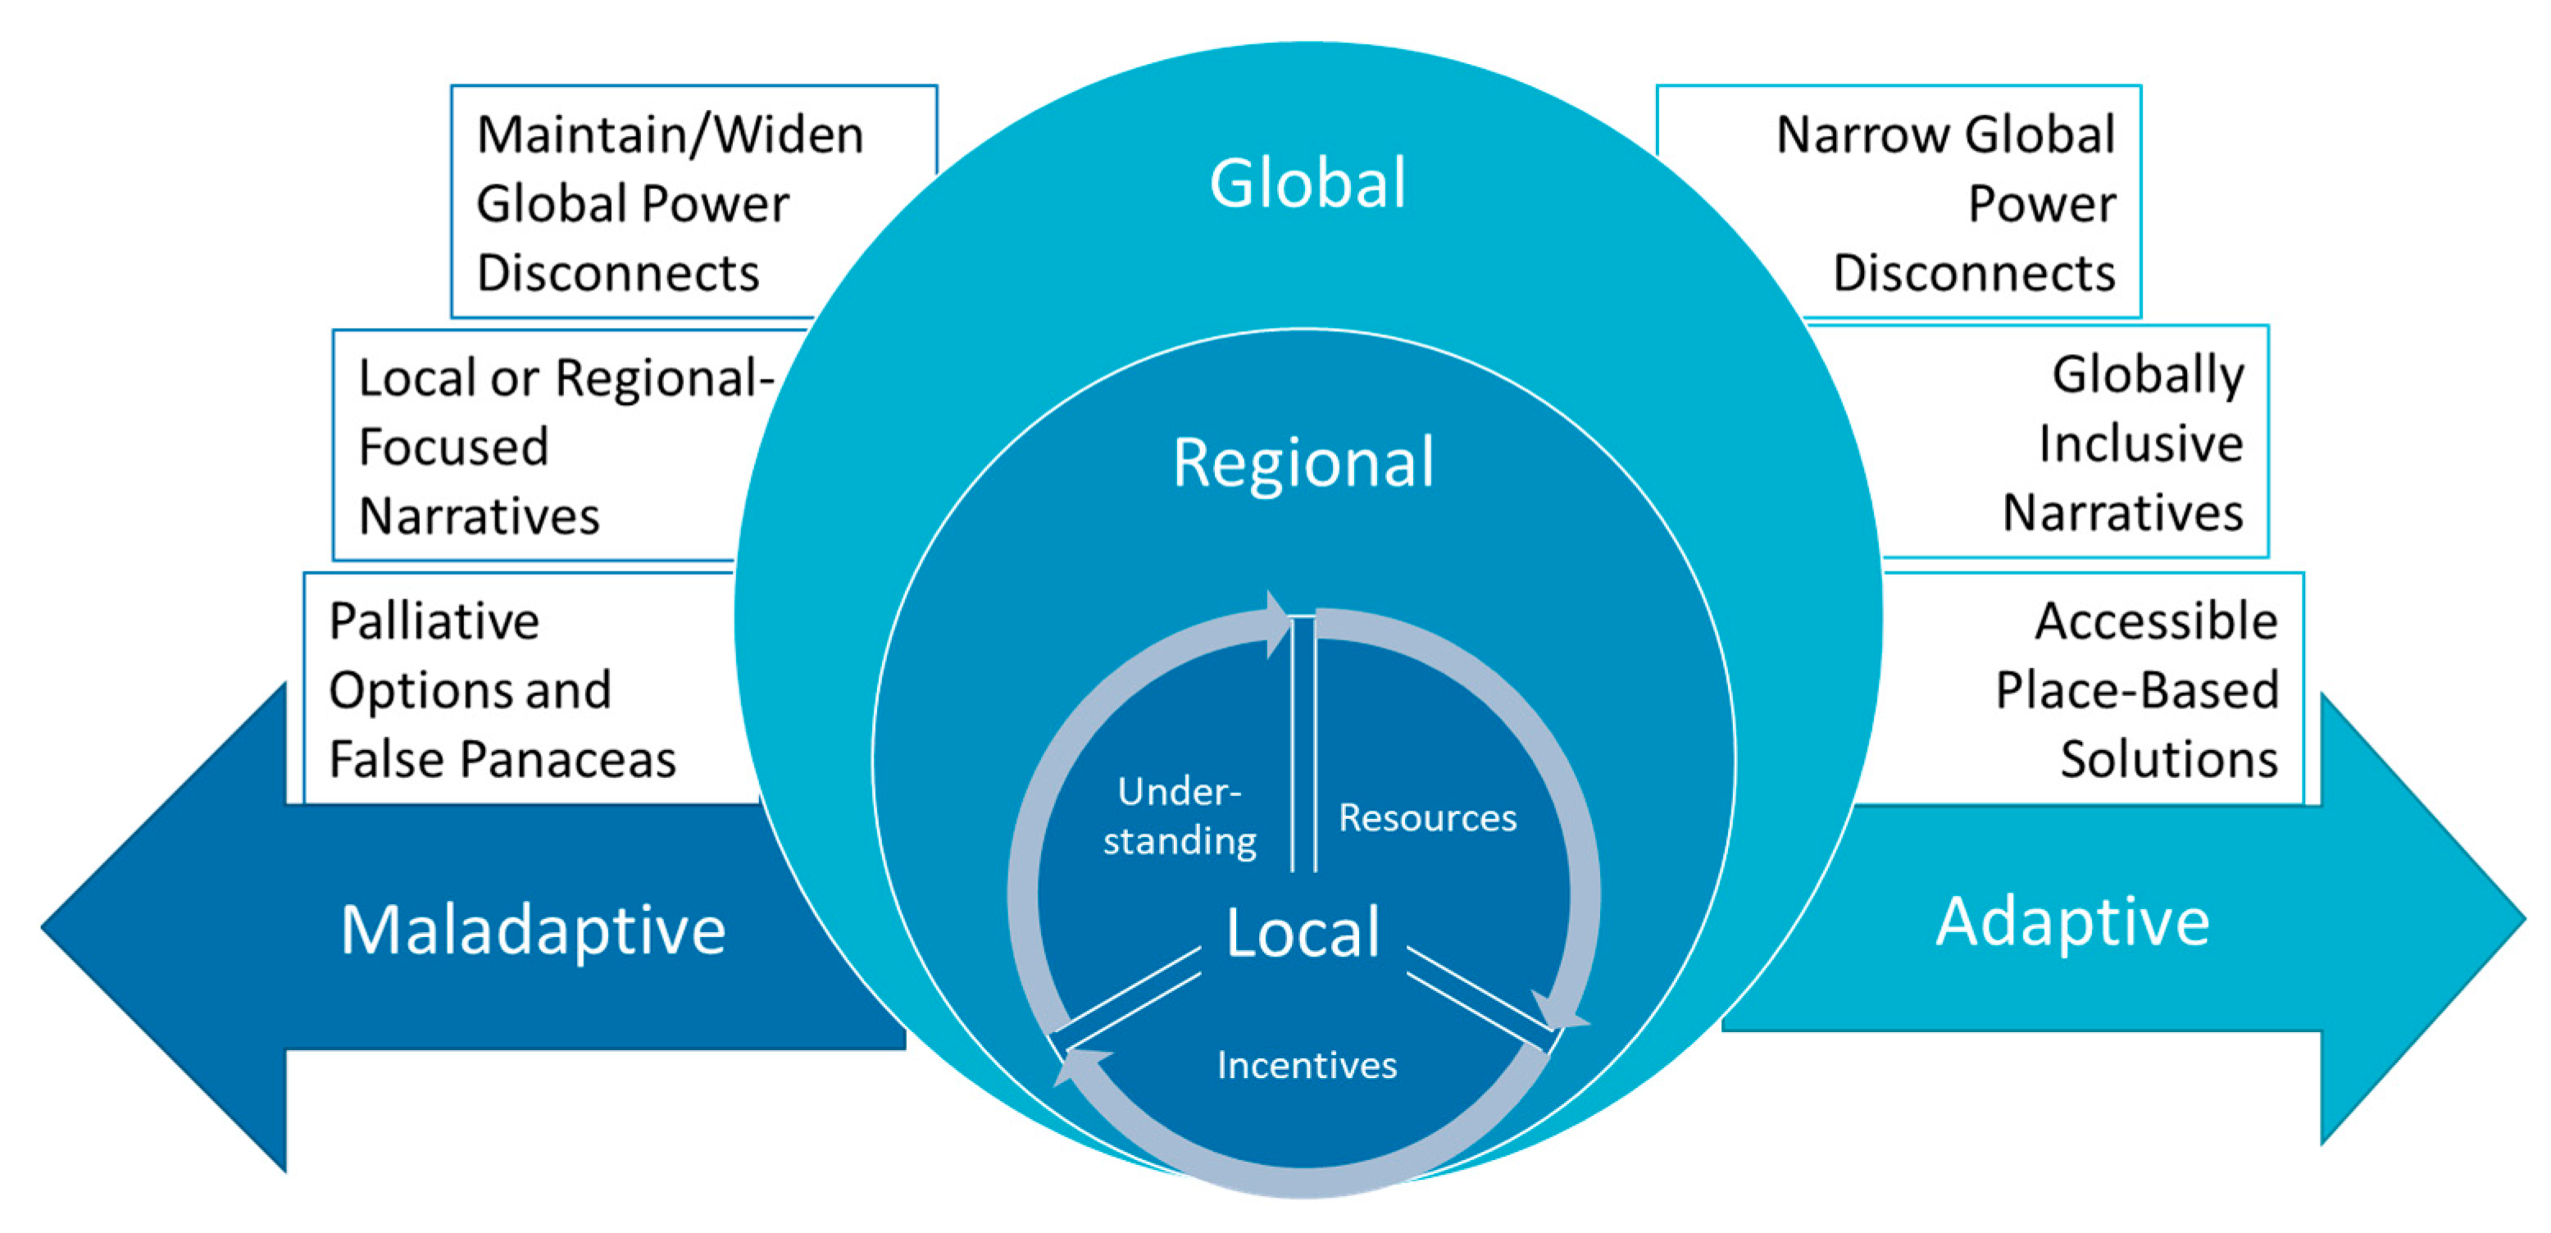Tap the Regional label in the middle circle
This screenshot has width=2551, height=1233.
click(x=1303, y=462)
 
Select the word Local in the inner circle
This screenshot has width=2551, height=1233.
click(x=1303, y=932)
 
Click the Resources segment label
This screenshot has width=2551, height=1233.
click(x=1427, y=818)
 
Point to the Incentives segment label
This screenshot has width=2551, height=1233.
click(x=1306, y=1066)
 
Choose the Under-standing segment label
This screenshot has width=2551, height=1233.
click(x=1180, y=816)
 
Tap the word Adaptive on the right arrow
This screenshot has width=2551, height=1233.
click(x=2072, y=922)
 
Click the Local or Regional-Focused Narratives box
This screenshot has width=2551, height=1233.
click(x=534, y=446)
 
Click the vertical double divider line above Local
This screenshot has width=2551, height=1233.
click(x=1303, y=743)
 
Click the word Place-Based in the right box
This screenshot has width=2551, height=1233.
click(x=2136, y=690)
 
